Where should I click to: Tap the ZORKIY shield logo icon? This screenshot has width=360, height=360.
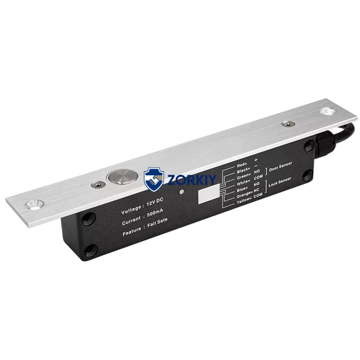154,179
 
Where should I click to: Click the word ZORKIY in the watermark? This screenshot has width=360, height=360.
191,179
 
